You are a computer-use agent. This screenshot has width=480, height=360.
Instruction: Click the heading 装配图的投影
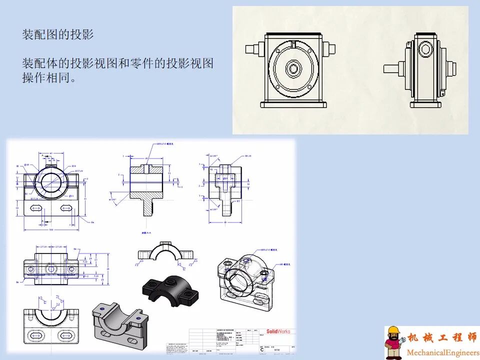pos(58,34)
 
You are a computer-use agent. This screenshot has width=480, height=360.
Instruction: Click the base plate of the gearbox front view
pos(293,104)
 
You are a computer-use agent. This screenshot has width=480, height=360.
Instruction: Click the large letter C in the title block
pos(262,349)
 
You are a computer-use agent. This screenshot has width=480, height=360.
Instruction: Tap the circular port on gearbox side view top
pos(425,49)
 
